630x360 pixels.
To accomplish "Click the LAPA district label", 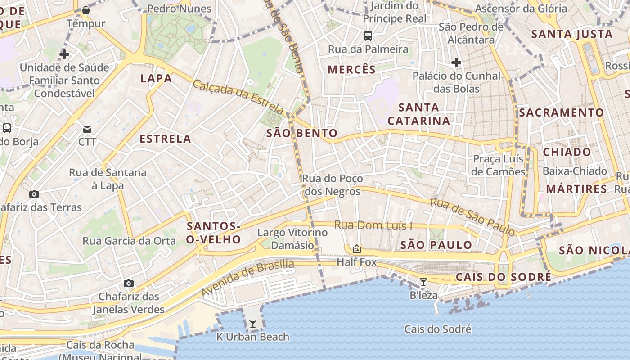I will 156,78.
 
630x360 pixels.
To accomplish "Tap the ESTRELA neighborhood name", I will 166,139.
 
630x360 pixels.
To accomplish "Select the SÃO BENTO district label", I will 302,133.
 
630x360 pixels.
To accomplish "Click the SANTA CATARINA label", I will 418,114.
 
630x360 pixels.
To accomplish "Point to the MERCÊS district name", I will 351,69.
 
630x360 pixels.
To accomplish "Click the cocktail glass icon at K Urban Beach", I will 253,324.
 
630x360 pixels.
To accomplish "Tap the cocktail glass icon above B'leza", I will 423,282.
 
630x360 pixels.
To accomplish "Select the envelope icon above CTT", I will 87,129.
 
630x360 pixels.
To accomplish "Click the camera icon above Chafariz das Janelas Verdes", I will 129,283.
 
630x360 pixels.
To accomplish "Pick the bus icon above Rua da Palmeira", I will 368,36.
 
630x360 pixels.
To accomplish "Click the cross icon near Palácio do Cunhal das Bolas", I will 456,62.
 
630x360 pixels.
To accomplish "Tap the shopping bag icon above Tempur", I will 86,10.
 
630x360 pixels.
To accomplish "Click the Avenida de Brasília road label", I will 247,278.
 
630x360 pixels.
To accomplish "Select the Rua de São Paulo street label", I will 472,216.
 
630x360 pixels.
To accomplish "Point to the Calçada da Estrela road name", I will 238,96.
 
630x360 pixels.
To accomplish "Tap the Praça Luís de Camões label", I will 498,165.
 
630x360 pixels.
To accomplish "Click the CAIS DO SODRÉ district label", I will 503,277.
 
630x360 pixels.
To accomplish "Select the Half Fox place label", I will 357,262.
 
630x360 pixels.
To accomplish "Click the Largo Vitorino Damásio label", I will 292,239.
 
